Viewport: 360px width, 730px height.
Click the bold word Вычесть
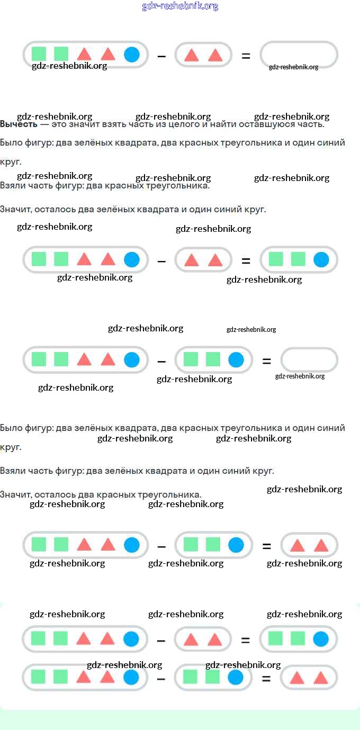point(19,124)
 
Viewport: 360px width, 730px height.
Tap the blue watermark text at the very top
point(180,6)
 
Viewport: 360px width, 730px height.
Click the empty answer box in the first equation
point(299,55)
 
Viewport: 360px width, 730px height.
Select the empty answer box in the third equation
point(309,360)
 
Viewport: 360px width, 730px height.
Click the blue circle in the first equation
point(132,55)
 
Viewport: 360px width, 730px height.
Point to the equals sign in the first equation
point(246,55)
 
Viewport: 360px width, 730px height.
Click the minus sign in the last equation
point(161,678)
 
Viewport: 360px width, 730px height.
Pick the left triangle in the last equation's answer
point(296,678)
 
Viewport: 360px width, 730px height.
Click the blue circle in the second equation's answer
point(321,259)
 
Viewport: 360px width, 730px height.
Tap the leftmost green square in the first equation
point(39,54)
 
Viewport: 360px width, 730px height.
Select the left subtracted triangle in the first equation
point(191,55)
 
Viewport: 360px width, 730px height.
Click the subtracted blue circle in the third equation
point(236,360)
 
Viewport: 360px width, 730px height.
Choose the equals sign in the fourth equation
point(266,546)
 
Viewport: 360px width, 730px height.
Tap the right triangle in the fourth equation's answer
point(321,546)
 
